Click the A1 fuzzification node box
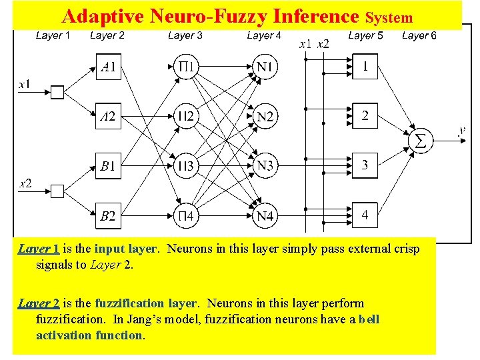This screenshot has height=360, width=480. coord(108,67)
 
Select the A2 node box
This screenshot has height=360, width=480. coord(108,117)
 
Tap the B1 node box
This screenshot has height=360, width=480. coord(108,166)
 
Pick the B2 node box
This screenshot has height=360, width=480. coord(108,215)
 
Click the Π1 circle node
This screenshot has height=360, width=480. coord(187,67)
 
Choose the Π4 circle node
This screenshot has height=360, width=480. coord(187,215)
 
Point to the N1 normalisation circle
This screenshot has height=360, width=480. coord(265,67)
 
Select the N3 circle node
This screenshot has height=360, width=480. coord(265,166)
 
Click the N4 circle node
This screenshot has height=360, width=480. coord(265,215)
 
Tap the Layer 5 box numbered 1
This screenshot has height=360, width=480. coord(365,67)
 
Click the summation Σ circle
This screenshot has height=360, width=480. coord(420,141)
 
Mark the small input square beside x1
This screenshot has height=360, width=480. coord(57,92)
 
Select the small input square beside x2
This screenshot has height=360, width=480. coord(57,191)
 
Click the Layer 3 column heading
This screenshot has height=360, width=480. coord(185,35)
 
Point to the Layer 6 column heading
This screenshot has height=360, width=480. coord(419,35)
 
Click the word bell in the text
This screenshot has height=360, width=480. coord(369,319)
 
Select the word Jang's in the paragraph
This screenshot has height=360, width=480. coord(180,319)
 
